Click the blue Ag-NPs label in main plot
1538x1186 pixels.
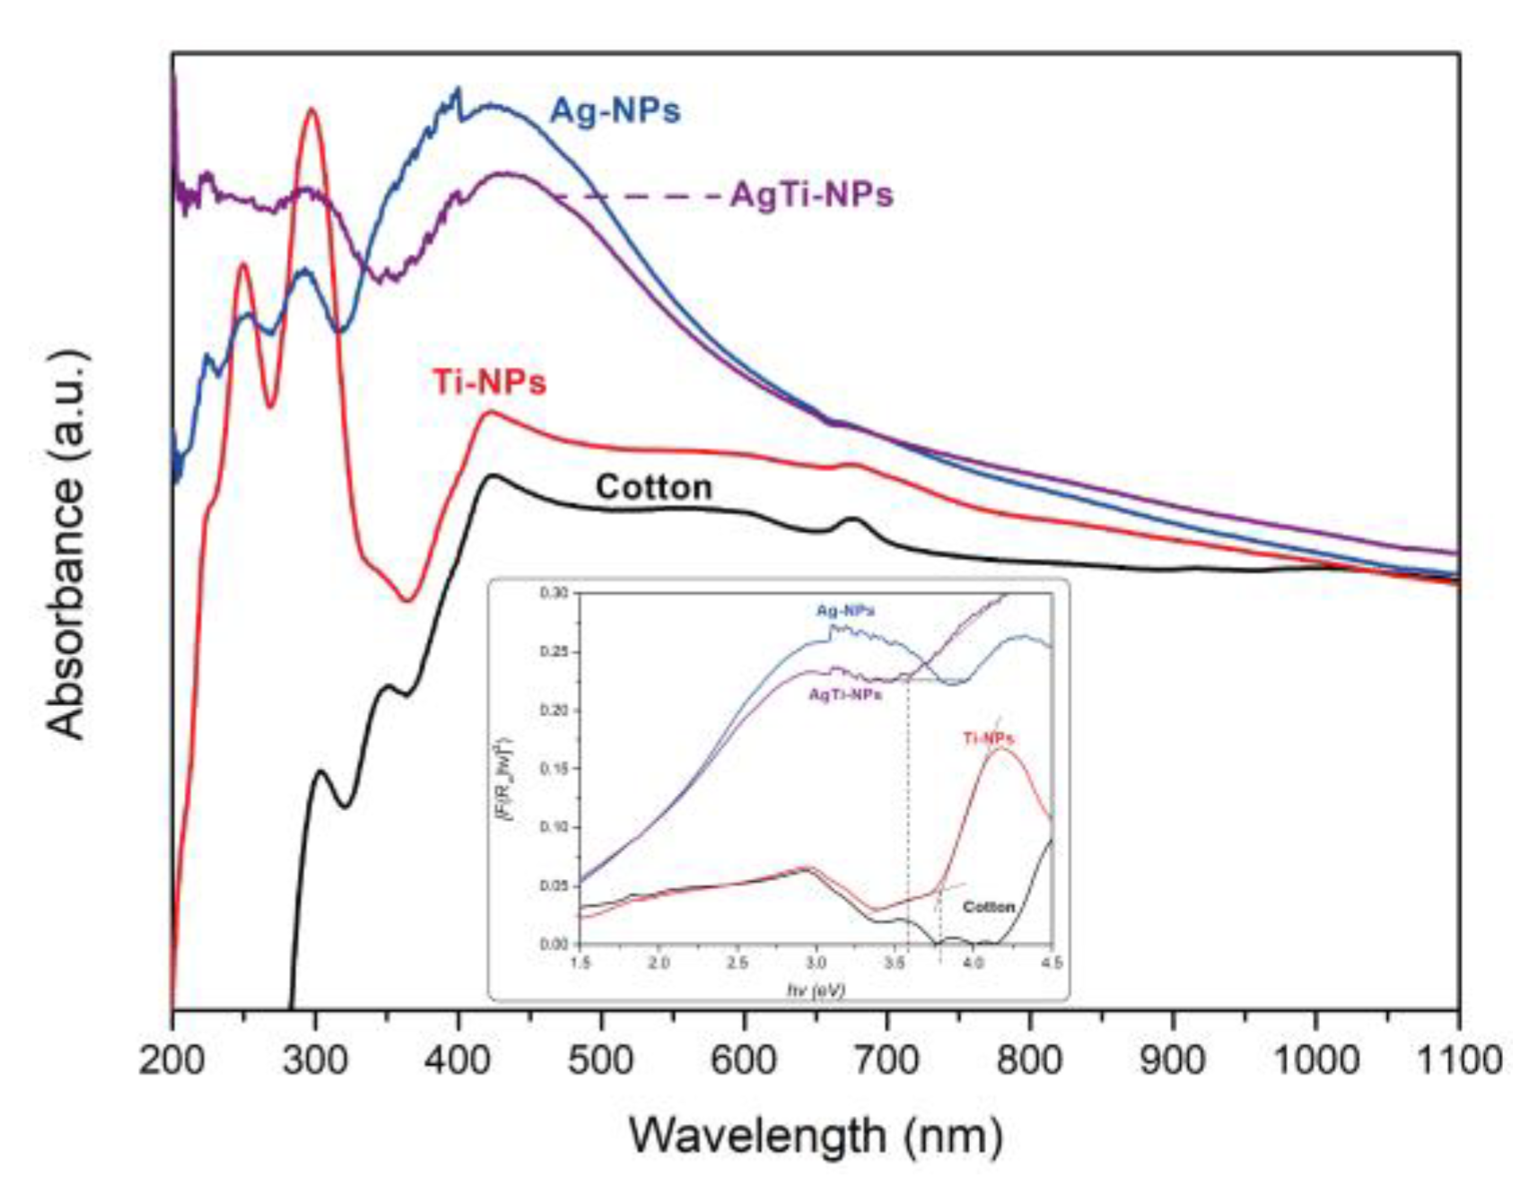click(615, 111)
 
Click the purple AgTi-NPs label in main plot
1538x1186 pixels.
click(811, 195)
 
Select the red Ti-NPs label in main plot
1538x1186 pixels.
click(489, 382)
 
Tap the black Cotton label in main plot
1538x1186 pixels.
click(653, 487)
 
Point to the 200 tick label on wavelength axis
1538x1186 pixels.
click(171, 1060)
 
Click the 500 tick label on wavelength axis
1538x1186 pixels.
click(600, 1060)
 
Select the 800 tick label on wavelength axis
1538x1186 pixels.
click(1029, 1060)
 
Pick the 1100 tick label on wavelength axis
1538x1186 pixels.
click(1458, 1060)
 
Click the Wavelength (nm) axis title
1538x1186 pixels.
click(815, 1136)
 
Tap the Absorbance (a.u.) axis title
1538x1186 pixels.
click(67, 543)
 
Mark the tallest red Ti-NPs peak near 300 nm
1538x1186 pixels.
click(312, 109)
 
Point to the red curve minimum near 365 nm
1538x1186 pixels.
click(408, 600)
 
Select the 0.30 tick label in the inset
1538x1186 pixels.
click(554, 593)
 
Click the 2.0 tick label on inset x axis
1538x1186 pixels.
click(659, 962)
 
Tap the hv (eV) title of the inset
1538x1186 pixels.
click(815, 990)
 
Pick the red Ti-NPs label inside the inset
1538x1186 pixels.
click(988, 738)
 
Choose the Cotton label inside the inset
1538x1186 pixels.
click(988, 907)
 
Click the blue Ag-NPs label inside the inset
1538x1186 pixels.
click(844, 610)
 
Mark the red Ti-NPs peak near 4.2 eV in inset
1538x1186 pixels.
click(1001, 748)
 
